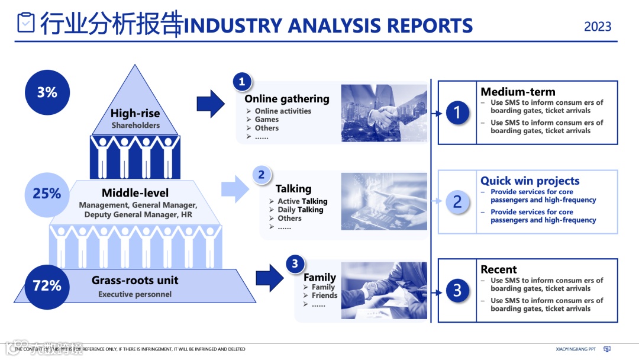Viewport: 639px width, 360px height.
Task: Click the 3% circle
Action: coord(47,92)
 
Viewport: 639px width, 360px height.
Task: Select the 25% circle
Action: coord(47,194)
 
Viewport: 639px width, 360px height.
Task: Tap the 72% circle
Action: coord(47,286)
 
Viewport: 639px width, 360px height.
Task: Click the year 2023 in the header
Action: coord(598,27)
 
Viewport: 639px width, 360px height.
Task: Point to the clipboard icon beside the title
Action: coord(26,23)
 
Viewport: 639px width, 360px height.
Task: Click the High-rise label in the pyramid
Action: coord(135,113)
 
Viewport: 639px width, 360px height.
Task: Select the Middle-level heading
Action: coord(135,193)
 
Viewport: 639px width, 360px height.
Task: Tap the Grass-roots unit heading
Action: coord(135,280)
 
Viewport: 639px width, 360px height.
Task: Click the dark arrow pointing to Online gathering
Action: coord(211,104)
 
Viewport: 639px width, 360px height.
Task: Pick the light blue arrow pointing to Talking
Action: coord(235,189)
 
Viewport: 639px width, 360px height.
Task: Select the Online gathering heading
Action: coord(287,99)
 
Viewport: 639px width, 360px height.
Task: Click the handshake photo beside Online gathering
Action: coord(384,112)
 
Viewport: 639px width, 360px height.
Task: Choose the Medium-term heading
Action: coord(518,92)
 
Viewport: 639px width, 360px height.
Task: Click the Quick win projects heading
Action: coord(530,181)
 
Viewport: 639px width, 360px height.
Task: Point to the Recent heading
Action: coord(499,269)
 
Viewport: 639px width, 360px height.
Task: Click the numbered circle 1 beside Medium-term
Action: coord(457,112)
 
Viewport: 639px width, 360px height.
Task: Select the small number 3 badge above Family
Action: coord(295,264)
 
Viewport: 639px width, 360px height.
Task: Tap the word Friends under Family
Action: coord(324,295)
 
